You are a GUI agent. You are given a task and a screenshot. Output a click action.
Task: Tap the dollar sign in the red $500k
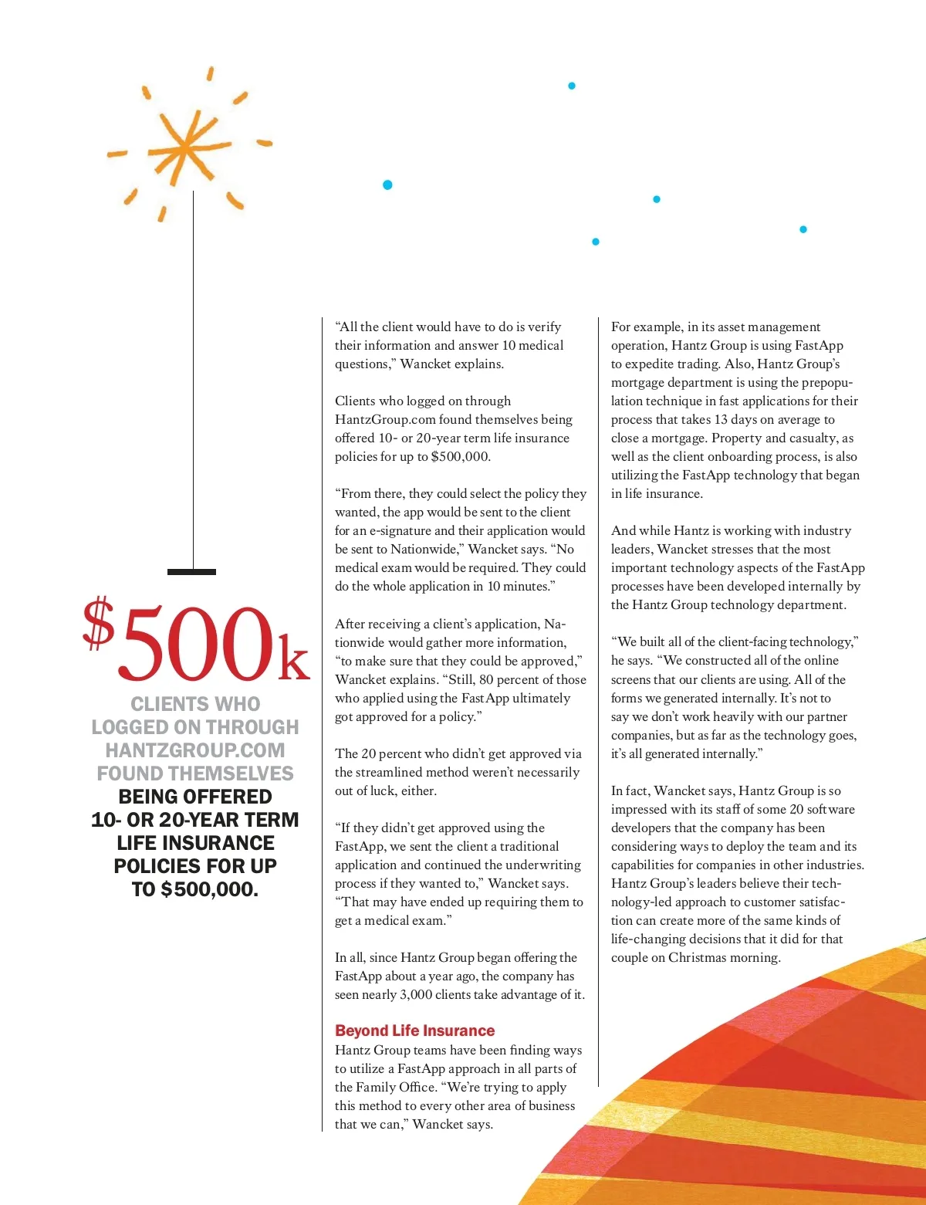(x=99, y=622)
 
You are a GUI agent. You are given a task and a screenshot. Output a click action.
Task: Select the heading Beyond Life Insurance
(x=414, y=1031)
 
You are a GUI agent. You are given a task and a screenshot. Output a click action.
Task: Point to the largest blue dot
(x=387, y=184)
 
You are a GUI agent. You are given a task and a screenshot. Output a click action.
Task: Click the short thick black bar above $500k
(x=191, y=572)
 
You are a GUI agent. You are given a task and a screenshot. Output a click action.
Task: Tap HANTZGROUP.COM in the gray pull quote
(x=195, y=750)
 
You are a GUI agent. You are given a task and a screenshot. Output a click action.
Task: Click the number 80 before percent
(x=486, y=679)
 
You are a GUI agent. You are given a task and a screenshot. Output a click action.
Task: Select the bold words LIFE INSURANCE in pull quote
(x=195, y=843)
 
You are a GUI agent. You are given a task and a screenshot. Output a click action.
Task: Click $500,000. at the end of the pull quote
(x=209, y=889)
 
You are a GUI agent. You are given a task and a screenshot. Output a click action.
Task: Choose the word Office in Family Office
(x=418, y=1087)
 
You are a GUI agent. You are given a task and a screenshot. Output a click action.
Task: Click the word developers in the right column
(x=640, y=828)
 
